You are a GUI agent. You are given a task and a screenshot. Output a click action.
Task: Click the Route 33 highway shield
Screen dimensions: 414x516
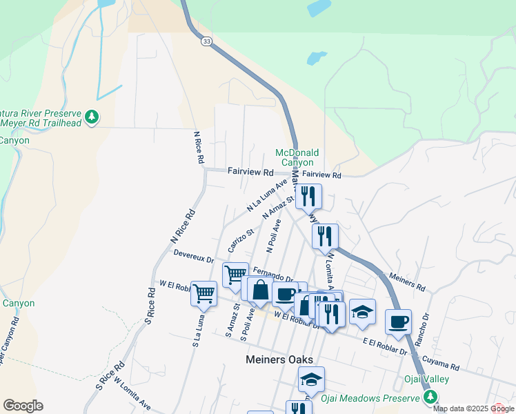207,42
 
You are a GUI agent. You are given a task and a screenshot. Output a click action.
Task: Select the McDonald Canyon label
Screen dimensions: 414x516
297,157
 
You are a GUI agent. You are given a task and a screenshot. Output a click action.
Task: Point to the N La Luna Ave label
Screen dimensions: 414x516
266,196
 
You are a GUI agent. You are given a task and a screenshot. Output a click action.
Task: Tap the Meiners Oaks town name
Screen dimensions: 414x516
279,359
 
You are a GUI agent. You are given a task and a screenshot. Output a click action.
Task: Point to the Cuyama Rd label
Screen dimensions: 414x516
441,363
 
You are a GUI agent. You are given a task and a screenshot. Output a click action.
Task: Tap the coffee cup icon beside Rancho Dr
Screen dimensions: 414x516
398,322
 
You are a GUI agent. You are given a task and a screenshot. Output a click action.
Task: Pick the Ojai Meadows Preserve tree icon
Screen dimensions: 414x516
430,397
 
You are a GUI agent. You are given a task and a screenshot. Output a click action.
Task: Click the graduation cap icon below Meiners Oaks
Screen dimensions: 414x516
311,379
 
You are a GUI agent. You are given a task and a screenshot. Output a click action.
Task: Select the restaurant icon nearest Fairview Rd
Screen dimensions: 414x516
309,196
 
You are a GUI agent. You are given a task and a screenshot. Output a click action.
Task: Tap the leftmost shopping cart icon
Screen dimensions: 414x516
204,293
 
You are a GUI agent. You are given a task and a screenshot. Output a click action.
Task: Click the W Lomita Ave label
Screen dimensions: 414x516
132,393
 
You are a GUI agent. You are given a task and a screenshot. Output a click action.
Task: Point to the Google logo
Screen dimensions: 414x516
23,406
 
